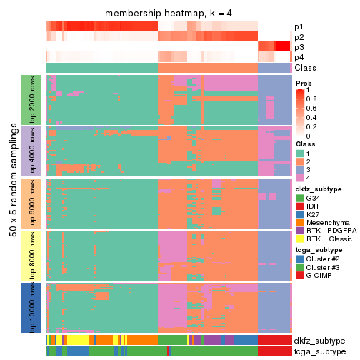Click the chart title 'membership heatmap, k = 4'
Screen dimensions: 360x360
click(x=168, y=14)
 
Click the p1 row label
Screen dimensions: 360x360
click(x=299, y=27)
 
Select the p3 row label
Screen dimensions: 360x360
click(x=299, y=47)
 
